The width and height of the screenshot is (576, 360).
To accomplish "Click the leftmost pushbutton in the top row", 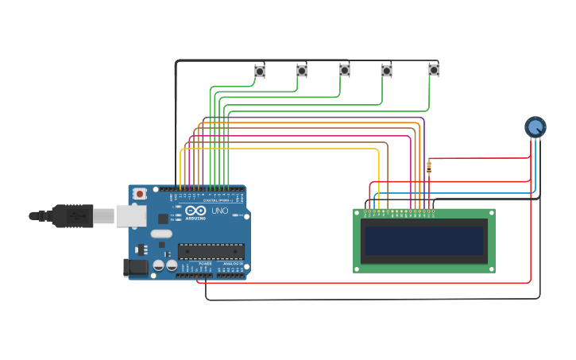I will tap(259, 72).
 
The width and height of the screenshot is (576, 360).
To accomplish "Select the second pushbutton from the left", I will tap(302, 71).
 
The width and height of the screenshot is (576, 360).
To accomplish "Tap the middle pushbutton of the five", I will tap(345, 70).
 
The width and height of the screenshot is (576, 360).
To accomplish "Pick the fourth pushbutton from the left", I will tap(386, 71).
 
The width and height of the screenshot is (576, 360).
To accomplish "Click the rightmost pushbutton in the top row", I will tap(434, 70).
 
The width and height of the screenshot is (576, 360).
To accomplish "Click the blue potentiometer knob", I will tap(535, 126).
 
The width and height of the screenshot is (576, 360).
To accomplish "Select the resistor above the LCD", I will tap(429, 167).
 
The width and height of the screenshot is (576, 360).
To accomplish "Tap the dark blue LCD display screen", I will tap(423, 241).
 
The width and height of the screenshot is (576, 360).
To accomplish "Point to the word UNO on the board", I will tap(219, 211).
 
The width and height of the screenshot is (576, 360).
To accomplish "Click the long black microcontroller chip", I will tap(211, 251).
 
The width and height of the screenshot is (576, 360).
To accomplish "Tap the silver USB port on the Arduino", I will tap(130, 215).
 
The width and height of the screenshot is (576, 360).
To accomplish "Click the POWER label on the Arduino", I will tap(205, 263).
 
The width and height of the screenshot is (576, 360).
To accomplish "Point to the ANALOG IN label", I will tap(233, 263).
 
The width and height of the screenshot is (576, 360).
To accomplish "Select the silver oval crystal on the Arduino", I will tap(161, 234).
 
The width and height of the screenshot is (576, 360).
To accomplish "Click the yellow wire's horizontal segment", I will tap(278, 149).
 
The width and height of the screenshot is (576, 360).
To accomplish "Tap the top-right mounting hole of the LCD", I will tap(492, 212).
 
